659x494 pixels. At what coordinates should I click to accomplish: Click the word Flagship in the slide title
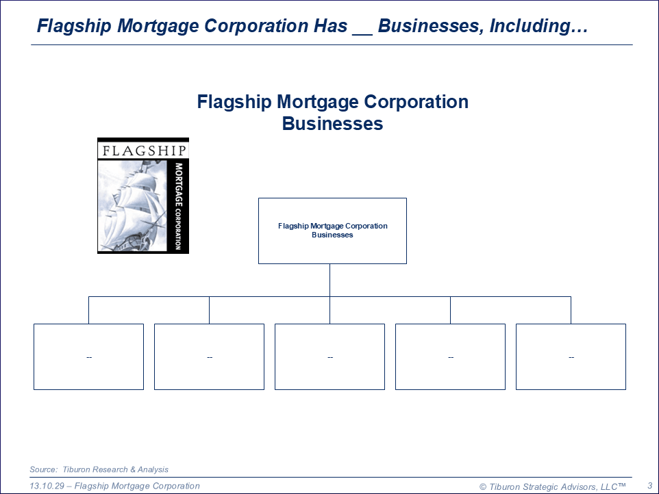click(74, 26)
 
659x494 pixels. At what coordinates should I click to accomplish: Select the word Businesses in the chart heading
click(332, 123)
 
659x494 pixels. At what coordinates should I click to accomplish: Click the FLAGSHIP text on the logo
click(144, 151)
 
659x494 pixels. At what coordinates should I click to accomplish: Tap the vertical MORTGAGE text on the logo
click(179, 184)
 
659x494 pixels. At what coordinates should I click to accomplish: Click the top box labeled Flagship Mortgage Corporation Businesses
click(332, 231)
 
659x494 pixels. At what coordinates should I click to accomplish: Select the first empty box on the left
click(88, 356)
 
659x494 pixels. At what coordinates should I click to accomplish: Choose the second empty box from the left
click(210, 356)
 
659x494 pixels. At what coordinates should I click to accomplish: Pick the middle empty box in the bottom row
click(330, 356)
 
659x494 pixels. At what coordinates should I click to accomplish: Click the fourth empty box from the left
click(451, 356)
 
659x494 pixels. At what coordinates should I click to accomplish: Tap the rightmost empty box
click(571, 356)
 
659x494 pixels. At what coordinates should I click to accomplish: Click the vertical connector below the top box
click(330, 281)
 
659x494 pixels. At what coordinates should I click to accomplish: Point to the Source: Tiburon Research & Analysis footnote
click(99, 469)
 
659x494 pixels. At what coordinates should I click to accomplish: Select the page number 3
click(650, 486)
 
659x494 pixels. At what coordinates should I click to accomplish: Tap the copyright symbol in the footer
click(483, 487)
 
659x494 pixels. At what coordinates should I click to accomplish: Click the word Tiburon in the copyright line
click(505, 486)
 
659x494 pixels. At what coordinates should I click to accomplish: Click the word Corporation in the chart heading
click(416, 102)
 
